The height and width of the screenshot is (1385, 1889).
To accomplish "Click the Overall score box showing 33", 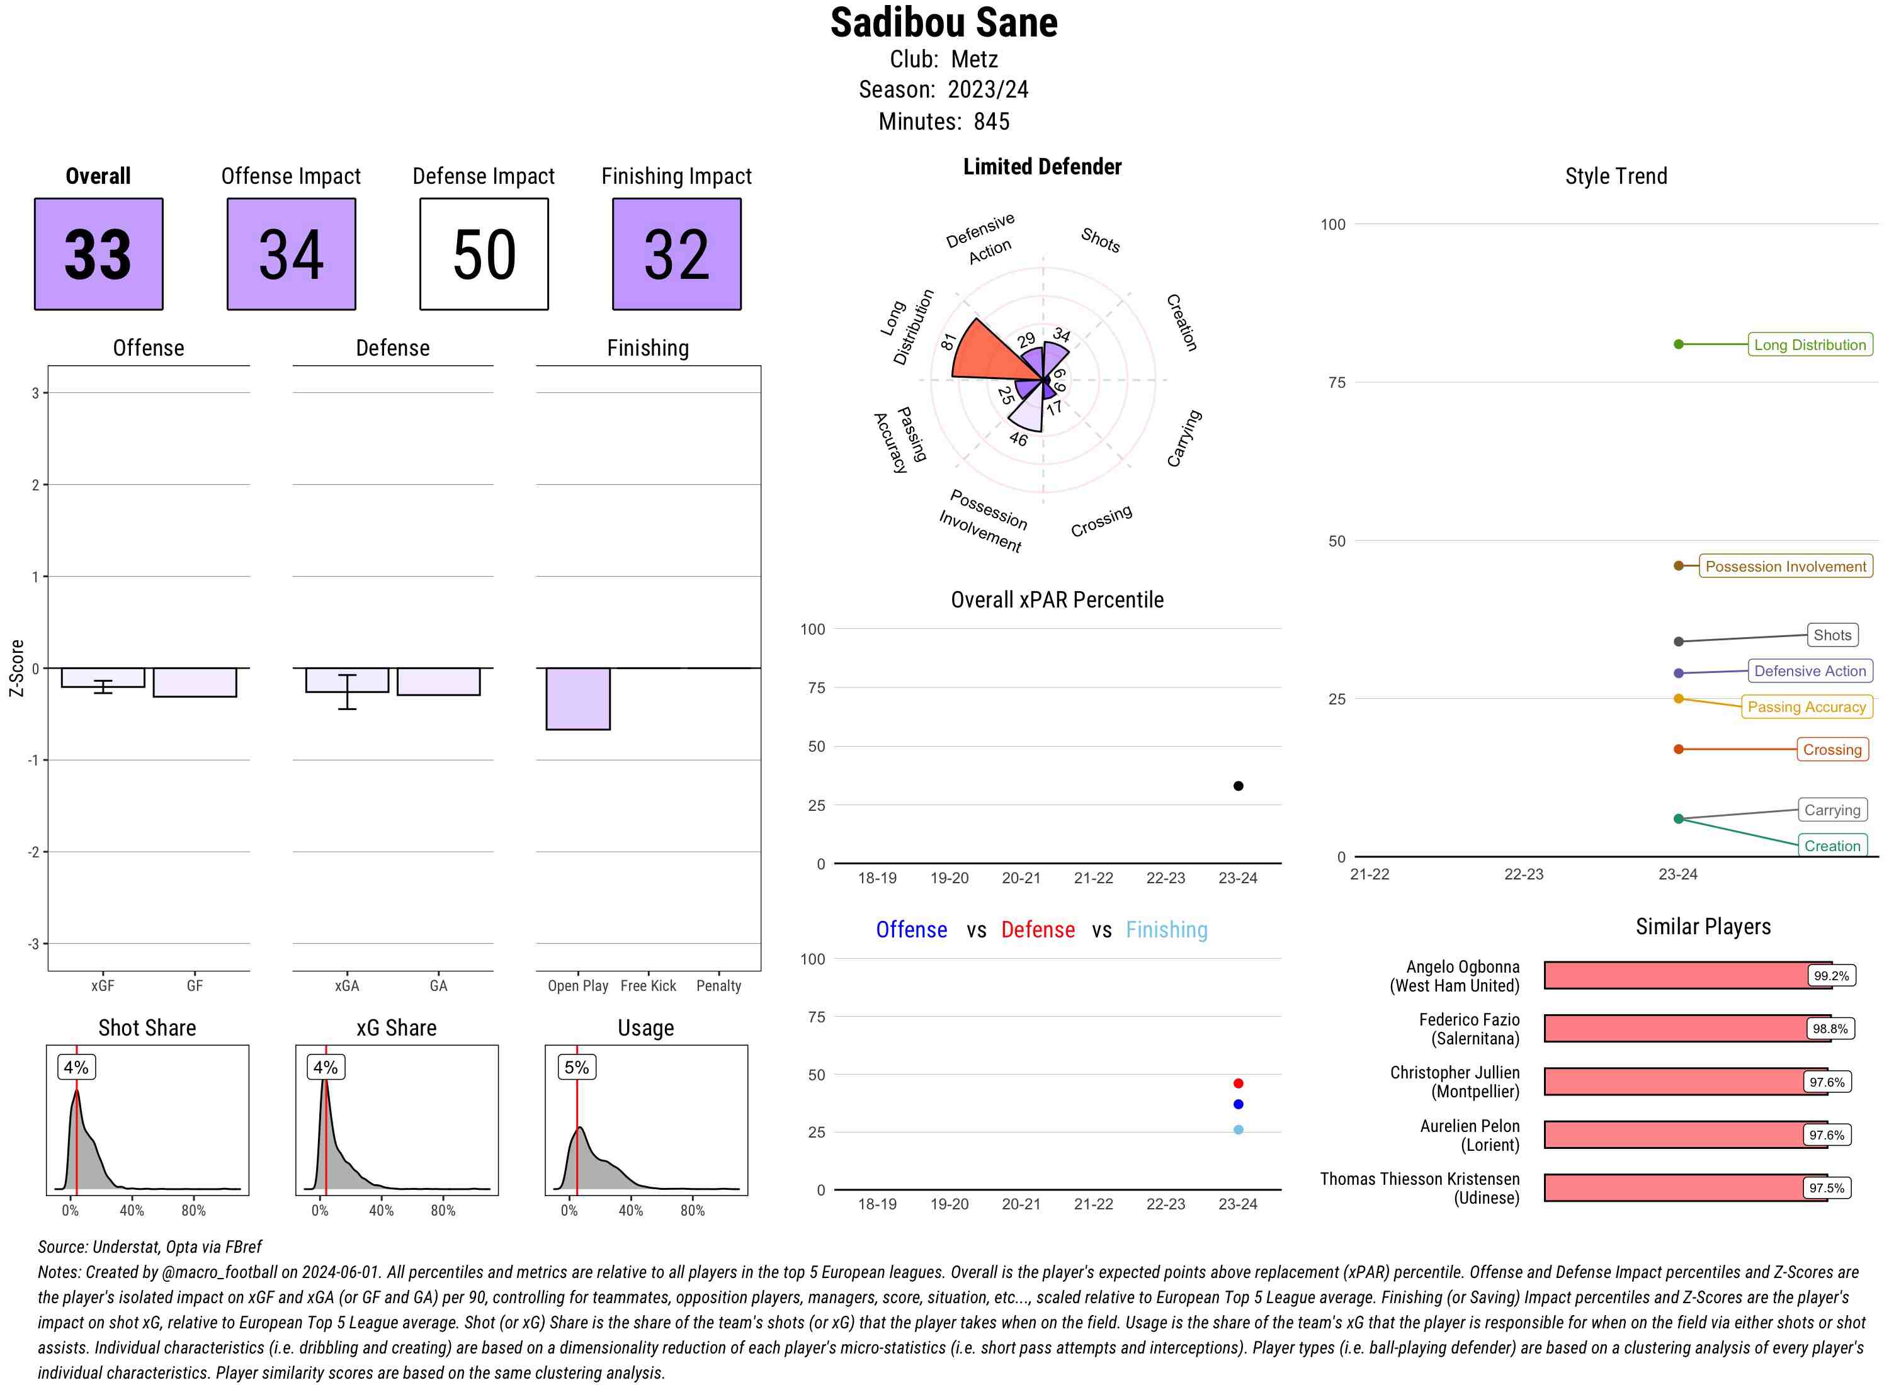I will (98, 254).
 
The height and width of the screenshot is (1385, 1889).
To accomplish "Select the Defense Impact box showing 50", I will (484, 254).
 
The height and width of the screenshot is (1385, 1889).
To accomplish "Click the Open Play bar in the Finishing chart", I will (577, 698).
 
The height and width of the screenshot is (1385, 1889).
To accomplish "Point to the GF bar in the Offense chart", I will (195, 682).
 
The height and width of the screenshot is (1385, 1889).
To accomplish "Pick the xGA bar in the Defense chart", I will (347, 680).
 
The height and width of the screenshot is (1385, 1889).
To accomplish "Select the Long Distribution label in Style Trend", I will (1810, 344).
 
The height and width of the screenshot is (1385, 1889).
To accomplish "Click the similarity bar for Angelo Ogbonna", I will (1677, 975).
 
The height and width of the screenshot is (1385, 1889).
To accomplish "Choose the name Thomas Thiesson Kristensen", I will (1419, 1179).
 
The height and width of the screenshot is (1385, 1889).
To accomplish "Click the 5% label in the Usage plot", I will (576, 1067).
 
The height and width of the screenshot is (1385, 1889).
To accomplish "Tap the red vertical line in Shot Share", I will (76, 1140).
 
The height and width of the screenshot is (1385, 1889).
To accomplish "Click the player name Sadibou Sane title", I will (943, 23).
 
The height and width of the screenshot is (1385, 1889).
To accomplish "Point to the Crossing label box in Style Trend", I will (1831, 750).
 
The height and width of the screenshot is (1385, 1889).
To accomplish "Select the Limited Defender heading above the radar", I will (1041, 167).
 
